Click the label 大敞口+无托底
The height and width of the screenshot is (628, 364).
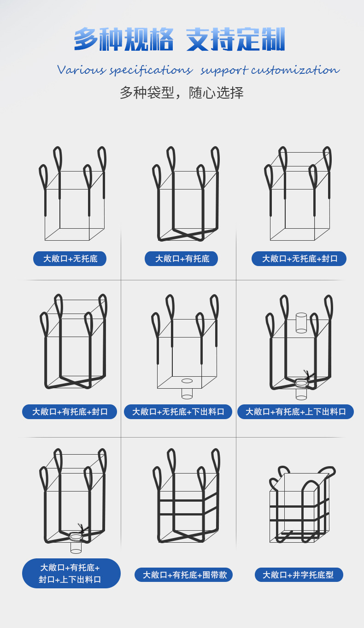click(70, 259)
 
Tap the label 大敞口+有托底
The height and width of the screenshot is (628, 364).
click(181, 259)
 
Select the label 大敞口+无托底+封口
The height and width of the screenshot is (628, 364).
click(299, 259)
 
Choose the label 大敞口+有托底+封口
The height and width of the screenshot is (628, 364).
click(70, 412)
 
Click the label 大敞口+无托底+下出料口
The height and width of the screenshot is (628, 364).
click(178, 412)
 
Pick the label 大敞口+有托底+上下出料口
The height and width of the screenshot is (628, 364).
click(295, 412)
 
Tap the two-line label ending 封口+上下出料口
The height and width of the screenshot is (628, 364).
click(71, 574)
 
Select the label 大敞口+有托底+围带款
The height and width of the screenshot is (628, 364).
click(183, 575)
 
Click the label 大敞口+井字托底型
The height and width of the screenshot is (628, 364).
click(299, 575)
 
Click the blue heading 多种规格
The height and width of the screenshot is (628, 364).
click(123, 40)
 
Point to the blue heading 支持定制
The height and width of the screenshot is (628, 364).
click(235, 40)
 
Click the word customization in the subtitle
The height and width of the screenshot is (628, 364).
click(295, 70)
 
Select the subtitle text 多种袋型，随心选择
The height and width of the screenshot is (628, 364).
click(182, 93)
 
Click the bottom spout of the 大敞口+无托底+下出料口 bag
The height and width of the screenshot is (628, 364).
click(187, 393)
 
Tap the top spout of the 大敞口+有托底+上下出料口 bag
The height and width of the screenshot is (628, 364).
click(301, 322)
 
